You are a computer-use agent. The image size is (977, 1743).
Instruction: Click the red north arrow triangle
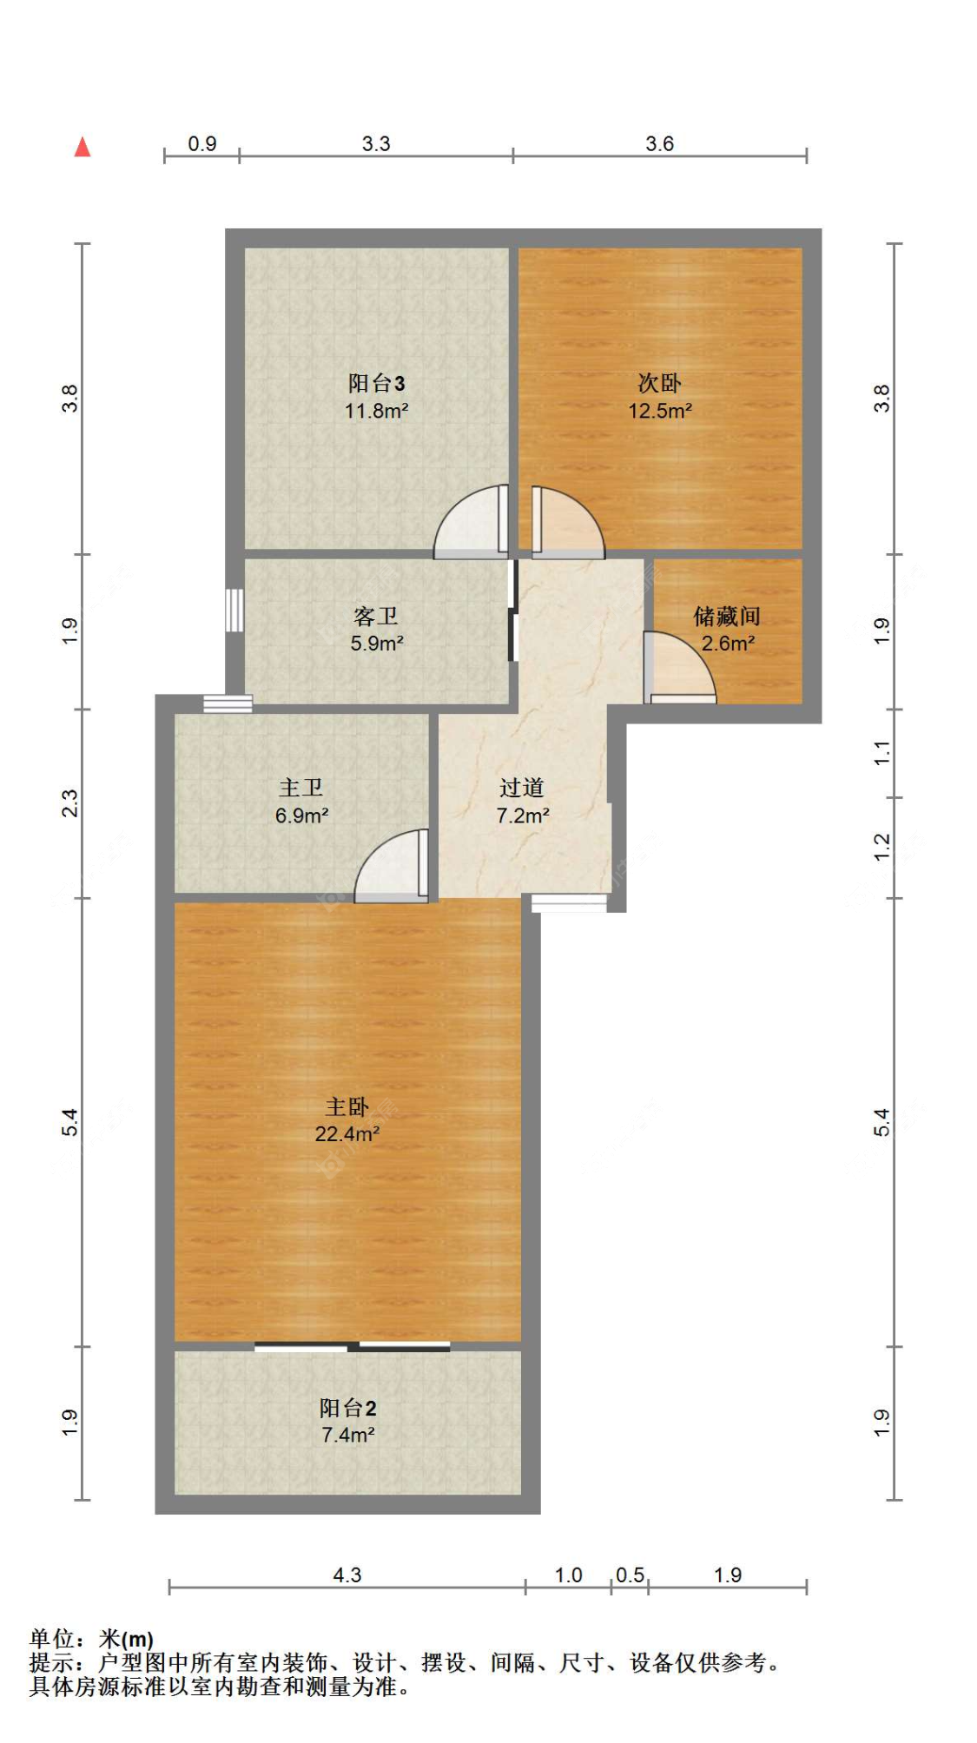pyautogui.click(x=83, y=147)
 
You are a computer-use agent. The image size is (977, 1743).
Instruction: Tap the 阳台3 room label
pyautogui.click(x=376, y=383)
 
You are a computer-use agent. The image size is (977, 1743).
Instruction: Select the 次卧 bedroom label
pyautogui.click(x=659, y=383)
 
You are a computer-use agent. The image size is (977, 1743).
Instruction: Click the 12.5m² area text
pyautogui.click(x=660, y=411)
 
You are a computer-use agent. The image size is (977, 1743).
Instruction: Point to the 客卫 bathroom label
pyautogui.click(x=376, y=616)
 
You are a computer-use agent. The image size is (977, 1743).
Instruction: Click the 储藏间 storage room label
pyautogui.click(x=727, y=616)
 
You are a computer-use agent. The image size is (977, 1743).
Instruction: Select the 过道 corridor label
pyautogui.click(x=522, y=788)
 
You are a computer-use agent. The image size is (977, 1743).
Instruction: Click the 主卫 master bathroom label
pyautogui.click(x=300, y=788)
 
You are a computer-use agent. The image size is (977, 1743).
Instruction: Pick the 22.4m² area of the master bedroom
pyautogui.click(x=347, y=1133)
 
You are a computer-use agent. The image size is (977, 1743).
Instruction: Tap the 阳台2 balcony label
pyautogui.click(x=347, y=1408)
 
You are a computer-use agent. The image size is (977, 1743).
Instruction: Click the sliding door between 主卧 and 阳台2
pyautogui.click(x=353, y=1347)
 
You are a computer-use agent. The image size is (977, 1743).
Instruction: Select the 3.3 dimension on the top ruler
pyautogui.click(x=376, y=143)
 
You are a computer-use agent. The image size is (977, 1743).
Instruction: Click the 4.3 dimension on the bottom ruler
pyautogui.click(x=347, y=1575)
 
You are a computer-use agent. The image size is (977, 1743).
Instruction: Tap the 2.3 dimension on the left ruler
pyautogui.click(x=69, y=803)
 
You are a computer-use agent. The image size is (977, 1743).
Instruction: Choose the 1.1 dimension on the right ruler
pyautogui.click(x=881, y=753)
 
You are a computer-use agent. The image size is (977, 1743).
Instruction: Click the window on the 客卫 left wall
pyautogui.click(x=234, y=611)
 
